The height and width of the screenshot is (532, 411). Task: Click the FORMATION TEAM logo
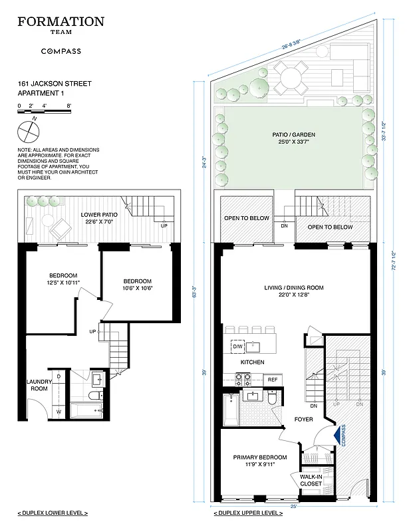click(x=61, y=25)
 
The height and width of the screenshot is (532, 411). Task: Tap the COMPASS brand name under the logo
click(x=61, y=51)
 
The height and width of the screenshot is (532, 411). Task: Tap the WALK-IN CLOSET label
click(x=311, y=480)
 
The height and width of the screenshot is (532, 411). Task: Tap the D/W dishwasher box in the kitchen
click(x=237, y=346)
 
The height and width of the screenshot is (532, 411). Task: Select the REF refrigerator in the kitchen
click(x=271, y=379)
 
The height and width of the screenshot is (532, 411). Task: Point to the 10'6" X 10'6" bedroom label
click(x=137, y=285)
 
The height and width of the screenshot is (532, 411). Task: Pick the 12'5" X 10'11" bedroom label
click(x=63, y=280)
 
